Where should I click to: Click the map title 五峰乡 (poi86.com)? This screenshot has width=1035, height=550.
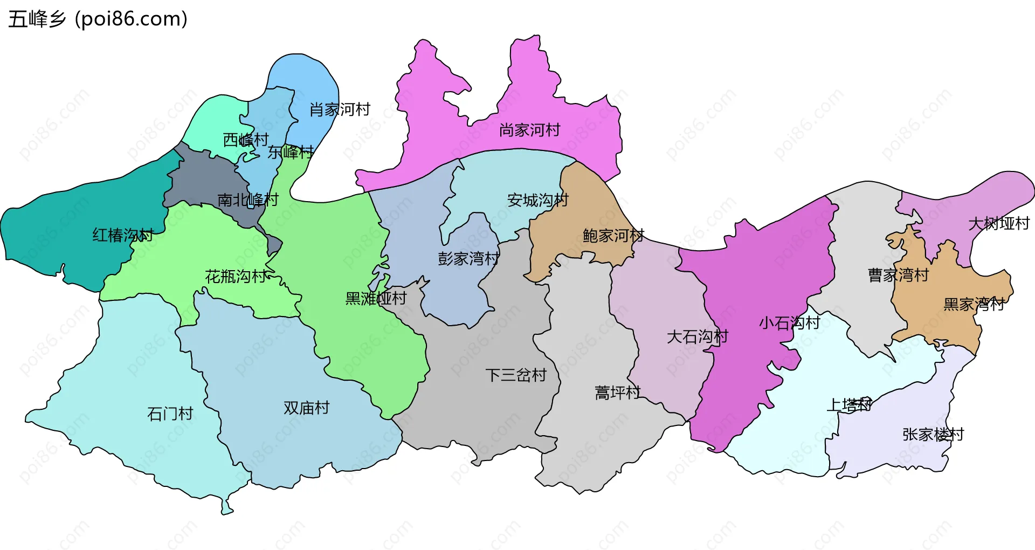[98, 19]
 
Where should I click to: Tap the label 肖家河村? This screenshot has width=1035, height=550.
[340, 109]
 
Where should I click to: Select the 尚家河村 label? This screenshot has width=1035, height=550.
[529, 130]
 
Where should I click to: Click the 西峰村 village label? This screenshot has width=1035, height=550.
[246, 140]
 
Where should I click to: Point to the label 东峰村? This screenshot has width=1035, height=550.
[291, 152]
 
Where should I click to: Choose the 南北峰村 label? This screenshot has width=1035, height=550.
[247, 200]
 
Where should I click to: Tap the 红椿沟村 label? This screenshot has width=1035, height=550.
[123, 235]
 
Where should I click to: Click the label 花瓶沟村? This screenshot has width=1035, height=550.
[236, 277]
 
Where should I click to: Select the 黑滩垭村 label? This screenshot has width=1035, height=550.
[376, 298]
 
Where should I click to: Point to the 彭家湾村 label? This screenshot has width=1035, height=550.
[468, 259]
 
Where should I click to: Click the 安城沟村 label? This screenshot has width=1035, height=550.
[537, 200]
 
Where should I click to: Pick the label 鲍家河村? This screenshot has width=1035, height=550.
[613, 236]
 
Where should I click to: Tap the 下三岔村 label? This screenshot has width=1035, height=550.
[516, 375]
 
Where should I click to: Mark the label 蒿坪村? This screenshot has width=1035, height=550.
[617, 393]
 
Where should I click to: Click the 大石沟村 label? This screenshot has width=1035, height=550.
[697, 337]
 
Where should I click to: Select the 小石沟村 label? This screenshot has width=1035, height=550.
[789, 323]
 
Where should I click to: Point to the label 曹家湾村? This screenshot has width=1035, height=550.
[898, 275]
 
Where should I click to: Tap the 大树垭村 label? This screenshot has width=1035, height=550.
[998, 223]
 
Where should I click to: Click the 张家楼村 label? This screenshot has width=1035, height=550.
[933, 434]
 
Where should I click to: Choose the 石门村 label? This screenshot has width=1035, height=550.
[170, 414]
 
